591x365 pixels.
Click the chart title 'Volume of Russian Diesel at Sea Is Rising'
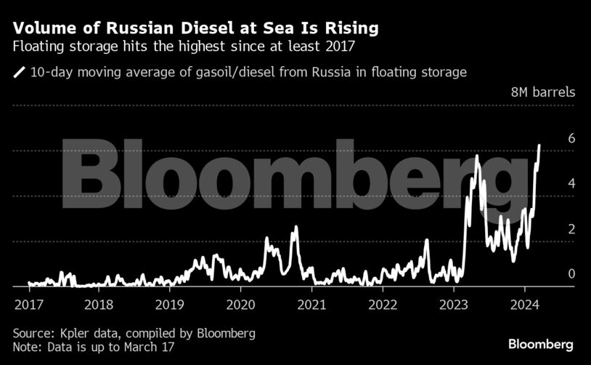(195, 29)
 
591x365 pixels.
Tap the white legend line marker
(19, 72)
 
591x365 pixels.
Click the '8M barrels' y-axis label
(542, 92)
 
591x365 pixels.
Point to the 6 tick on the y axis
(551, 138)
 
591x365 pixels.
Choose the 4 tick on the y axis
(551, 184)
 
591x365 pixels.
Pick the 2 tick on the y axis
(551, 229)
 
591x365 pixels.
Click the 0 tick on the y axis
(551, 274)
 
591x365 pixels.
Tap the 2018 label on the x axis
(99, 303)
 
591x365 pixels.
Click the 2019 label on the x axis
(169, 303)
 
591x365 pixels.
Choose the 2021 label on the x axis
(311, 303)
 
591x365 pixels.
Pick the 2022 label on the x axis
(382, 303)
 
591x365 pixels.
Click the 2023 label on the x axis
(453, 303)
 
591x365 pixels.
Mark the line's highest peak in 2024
(539, 145)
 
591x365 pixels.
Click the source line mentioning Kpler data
(134, 333)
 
